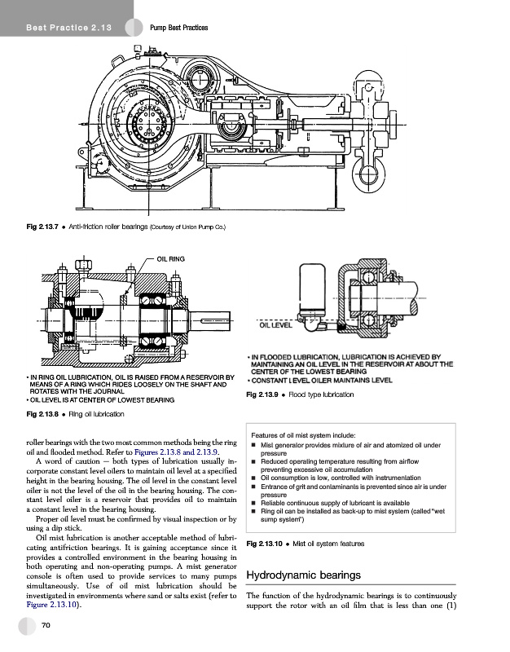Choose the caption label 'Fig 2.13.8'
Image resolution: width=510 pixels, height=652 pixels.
(x=41, y=416)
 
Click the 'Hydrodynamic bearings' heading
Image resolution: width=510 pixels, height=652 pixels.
(x=302, y=576)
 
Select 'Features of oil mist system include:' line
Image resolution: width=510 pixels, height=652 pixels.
(x=308, y=434)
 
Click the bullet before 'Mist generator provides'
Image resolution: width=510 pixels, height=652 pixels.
(x=253, y=446)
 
